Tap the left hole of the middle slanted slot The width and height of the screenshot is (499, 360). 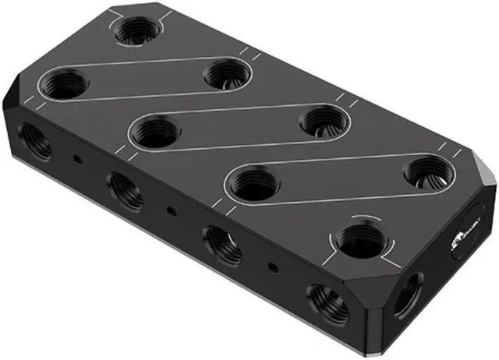point(156,131)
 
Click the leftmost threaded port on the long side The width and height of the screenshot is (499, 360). point(35,140)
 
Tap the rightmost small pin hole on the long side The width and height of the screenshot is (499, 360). point(271,266)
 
